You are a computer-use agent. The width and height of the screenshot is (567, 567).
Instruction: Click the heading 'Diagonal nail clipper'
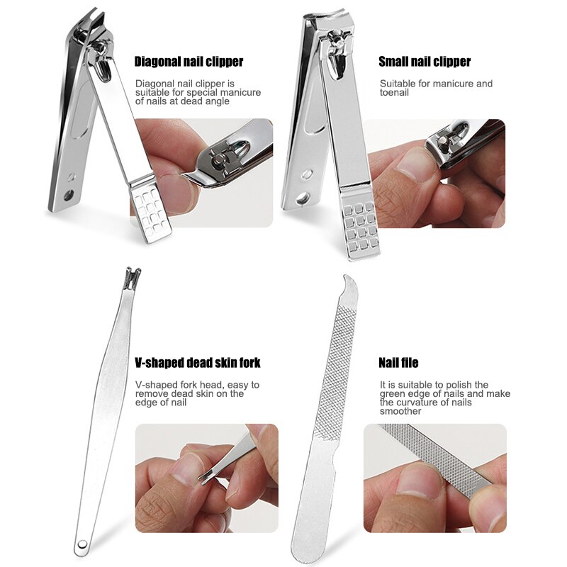click(189, 62)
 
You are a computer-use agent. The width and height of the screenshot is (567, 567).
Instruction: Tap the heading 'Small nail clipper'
click(425, 62)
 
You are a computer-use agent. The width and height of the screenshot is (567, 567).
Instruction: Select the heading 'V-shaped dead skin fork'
click(197, 363)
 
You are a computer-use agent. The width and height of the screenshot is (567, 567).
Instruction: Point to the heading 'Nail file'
click(398, 363)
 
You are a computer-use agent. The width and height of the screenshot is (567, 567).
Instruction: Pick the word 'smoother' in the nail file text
click(400, 411)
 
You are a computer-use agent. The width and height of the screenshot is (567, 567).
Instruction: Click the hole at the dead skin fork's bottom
click(82, 544)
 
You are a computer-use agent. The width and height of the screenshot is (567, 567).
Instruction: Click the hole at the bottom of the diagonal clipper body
click(69, 194)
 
